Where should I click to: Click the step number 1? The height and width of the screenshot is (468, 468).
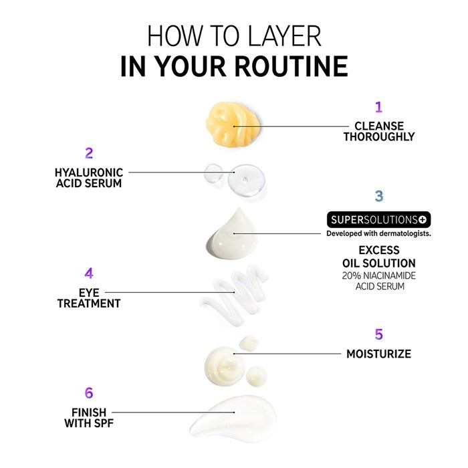[378, 107]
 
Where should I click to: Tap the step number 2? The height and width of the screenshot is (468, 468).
[89, 153]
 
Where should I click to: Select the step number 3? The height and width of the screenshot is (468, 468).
[379, 196]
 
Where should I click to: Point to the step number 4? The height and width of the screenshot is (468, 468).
[89, 273]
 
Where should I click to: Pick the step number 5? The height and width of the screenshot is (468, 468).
[379, 334]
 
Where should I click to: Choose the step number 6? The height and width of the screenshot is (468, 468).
[89, 393]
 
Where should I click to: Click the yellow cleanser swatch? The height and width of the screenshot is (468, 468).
[233, 124]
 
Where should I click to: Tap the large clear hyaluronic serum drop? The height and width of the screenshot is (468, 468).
[246, 180]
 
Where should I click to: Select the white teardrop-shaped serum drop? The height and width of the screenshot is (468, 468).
[232, 235]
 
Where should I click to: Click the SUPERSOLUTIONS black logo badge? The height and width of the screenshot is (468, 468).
[379, 220]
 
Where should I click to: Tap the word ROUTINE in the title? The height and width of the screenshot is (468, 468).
[291, 66]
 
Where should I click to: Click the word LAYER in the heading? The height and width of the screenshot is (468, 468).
[284, 36]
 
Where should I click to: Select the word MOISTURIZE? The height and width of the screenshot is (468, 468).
[379, 354]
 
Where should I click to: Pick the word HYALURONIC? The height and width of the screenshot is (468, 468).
[89, 172]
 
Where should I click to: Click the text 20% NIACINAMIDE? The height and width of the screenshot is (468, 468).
[379, 275]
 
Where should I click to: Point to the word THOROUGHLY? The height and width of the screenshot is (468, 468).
[379, 136]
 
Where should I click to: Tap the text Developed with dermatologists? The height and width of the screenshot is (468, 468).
[379, 233]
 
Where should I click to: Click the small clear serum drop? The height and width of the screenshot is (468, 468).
[213, 173]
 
